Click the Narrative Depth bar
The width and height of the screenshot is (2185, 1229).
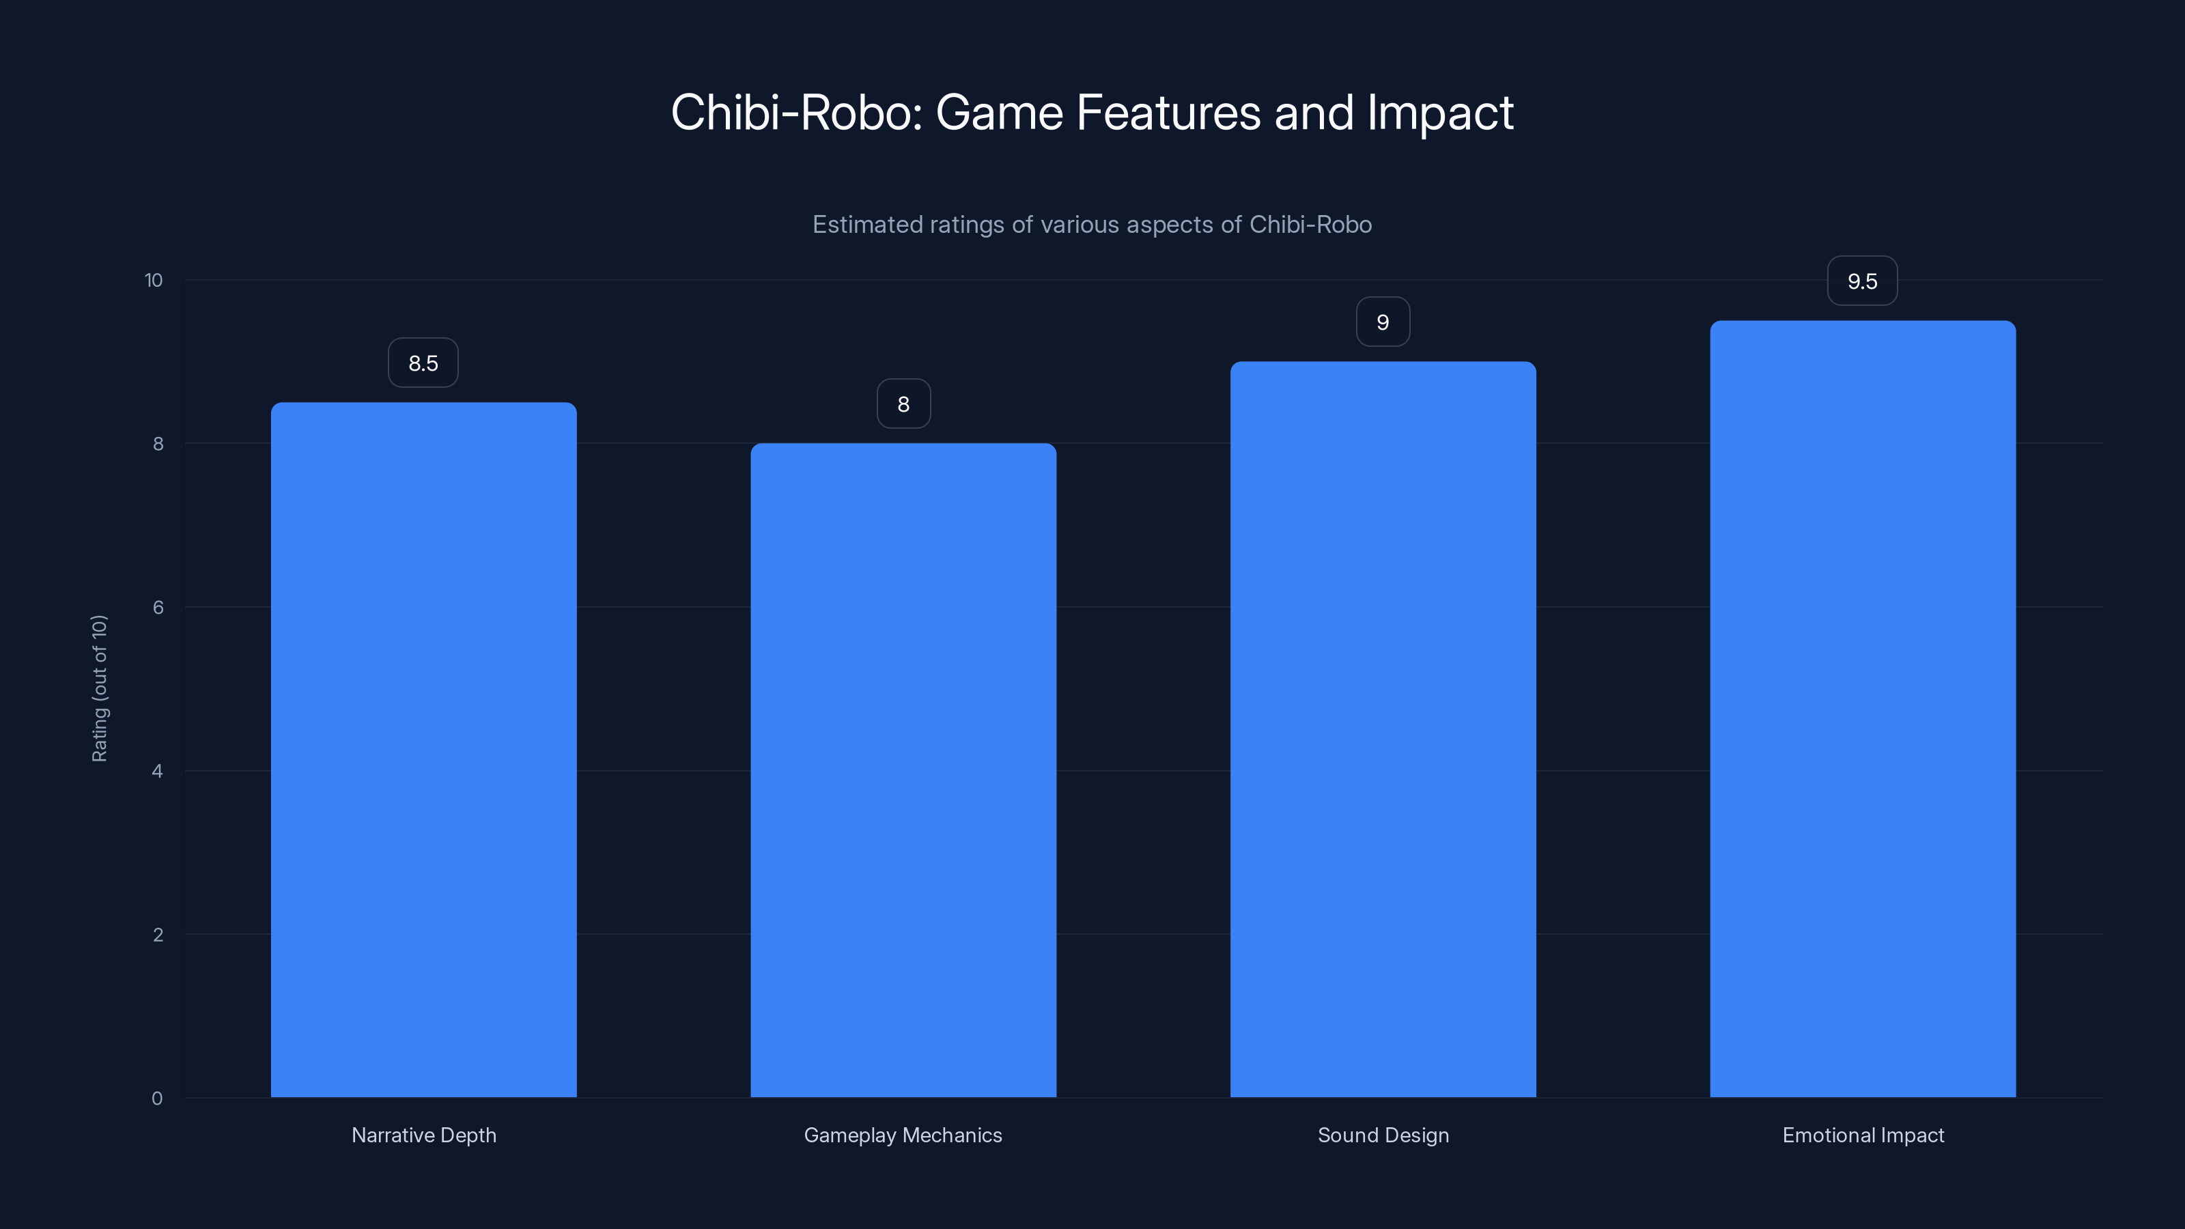[423, 750]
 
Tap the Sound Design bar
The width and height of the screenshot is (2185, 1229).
[1383, 729]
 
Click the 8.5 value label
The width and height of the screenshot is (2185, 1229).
[423, 363]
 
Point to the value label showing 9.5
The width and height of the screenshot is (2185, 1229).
[1862, 281]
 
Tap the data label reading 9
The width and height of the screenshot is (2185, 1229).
[1383, 322]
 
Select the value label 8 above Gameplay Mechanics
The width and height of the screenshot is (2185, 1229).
[903, 405]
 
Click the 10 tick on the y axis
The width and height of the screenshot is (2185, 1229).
[154, 280]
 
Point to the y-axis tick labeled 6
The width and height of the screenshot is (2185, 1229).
[158, 607]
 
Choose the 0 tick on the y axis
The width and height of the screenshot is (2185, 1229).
[157, 1099]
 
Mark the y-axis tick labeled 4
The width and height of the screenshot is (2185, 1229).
[157, 771]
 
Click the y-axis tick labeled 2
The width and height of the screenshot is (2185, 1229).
[158, 935]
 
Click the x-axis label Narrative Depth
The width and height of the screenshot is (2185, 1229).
[423, 1135]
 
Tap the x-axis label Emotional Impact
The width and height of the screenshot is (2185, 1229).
[1863, 1135]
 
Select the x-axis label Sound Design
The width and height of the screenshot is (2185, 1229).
[1383, 1135]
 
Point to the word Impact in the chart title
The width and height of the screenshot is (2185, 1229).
[1439, 113]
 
